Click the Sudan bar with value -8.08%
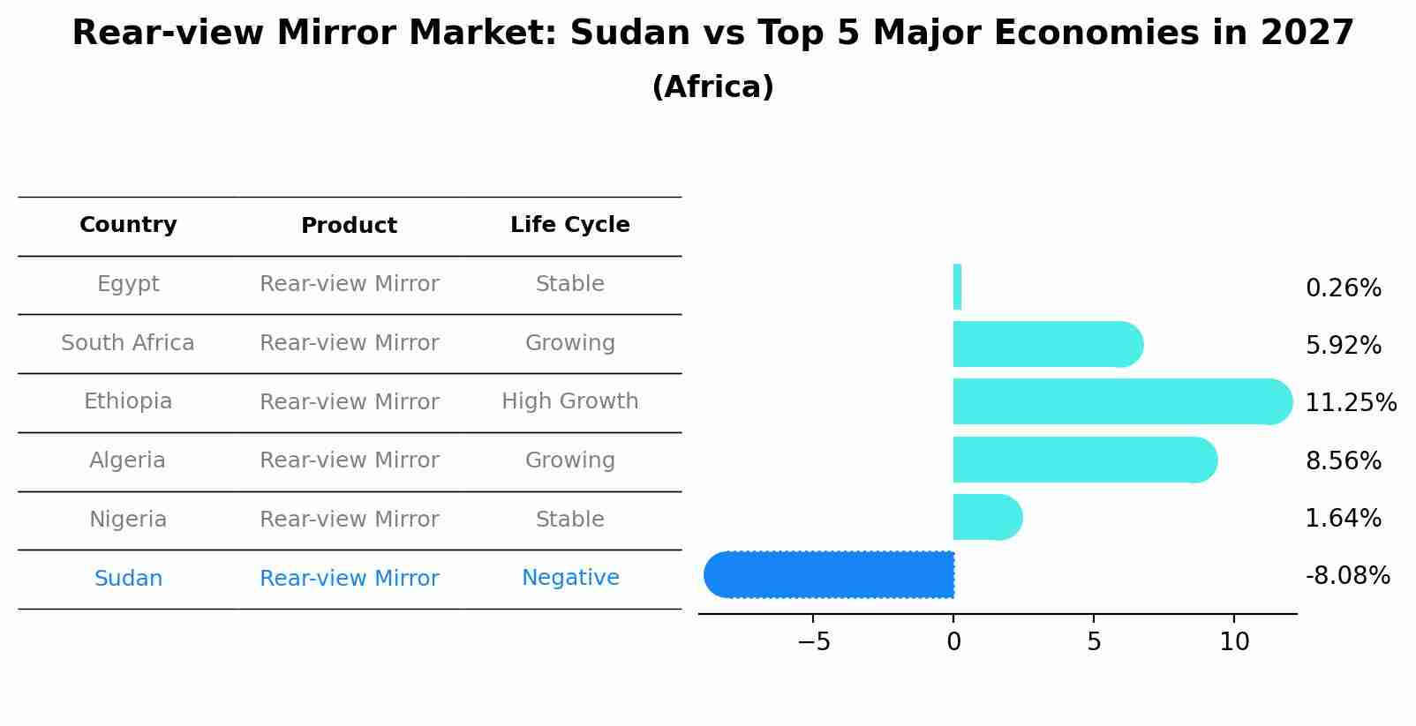pos(830,575)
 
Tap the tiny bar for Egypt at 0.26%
pos(957,288)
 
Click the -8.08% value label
pos(1347,576)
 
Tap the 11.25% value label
pos(1351,403)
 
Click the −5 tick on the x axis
pos(813,643)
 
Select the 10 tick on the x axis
pos(1234,643)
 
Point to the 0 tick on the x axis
pos(953,643)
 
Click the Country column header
pos(128,225)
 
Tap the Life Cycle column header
pos(569,225)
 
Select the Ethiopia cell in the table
pos(128,401)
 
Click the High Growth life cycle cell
pos(569,401)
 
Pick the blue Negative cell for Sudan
pos(569,578)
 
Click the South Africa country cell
pos(128,343)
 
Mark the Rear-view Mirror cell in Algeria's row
pos(349,460)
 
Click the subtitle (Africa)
pos(712,87)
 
